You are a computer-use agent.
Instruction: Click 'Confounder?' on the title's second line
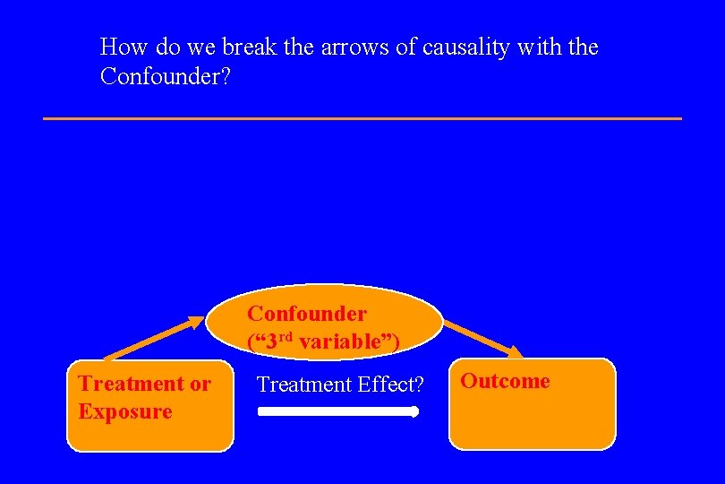click(x=166, y=77)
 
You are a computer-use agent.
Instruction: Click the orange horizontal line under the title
click(x=362, y=118)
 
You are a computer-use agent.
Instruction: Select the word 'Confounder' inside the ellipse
click(x=307, y=314)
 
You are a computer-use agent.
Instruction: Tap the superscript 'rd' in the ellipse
click(x=286, y=336)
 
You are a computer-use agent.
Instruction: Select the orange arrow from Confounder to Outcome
click(x=483, y=339)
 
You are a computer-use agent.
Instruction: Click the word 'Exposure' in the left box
click(x=124, y=412)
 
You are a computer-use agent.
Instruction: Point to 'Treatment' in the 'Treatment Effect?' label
click(x=301, y=385)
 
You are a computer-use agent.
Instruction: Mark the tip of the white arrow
click(x=415, y=412)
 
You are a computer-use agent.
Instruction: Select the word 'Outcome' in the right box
click(x=505, y=381)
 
